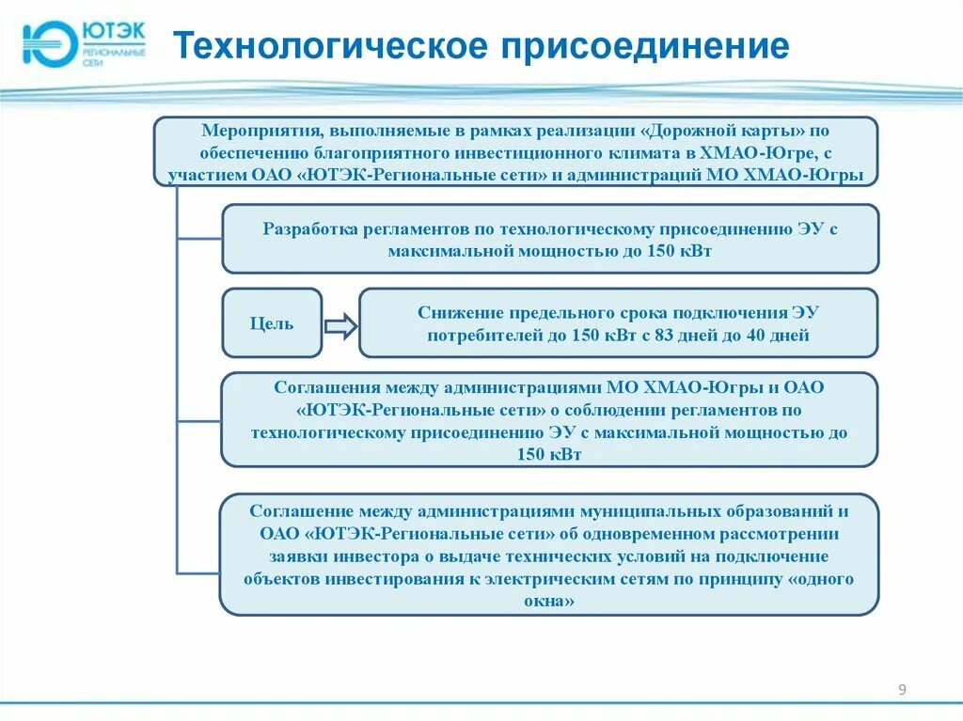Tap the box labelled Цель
tap(272, 323)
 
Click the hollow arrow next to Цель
tap(340, 326)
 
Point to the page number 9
tap(903, 691)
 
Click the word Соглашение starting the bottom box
tap(300, 511)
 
